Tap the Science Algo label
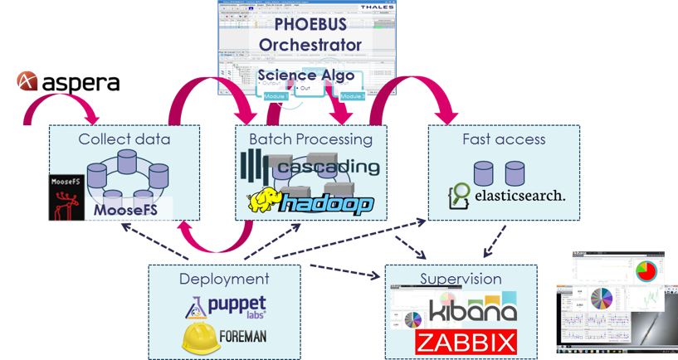pyautogui.click(x=310, y=75)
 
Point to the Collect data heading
pyautogui.click(x=124, y=139)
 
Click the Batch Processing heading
pyautogui.click(x=310, y=139)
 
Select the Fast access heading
pyautogui.click(x=504, y=139)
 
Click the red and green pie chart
pyautogui.click(x=644, y=270)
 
